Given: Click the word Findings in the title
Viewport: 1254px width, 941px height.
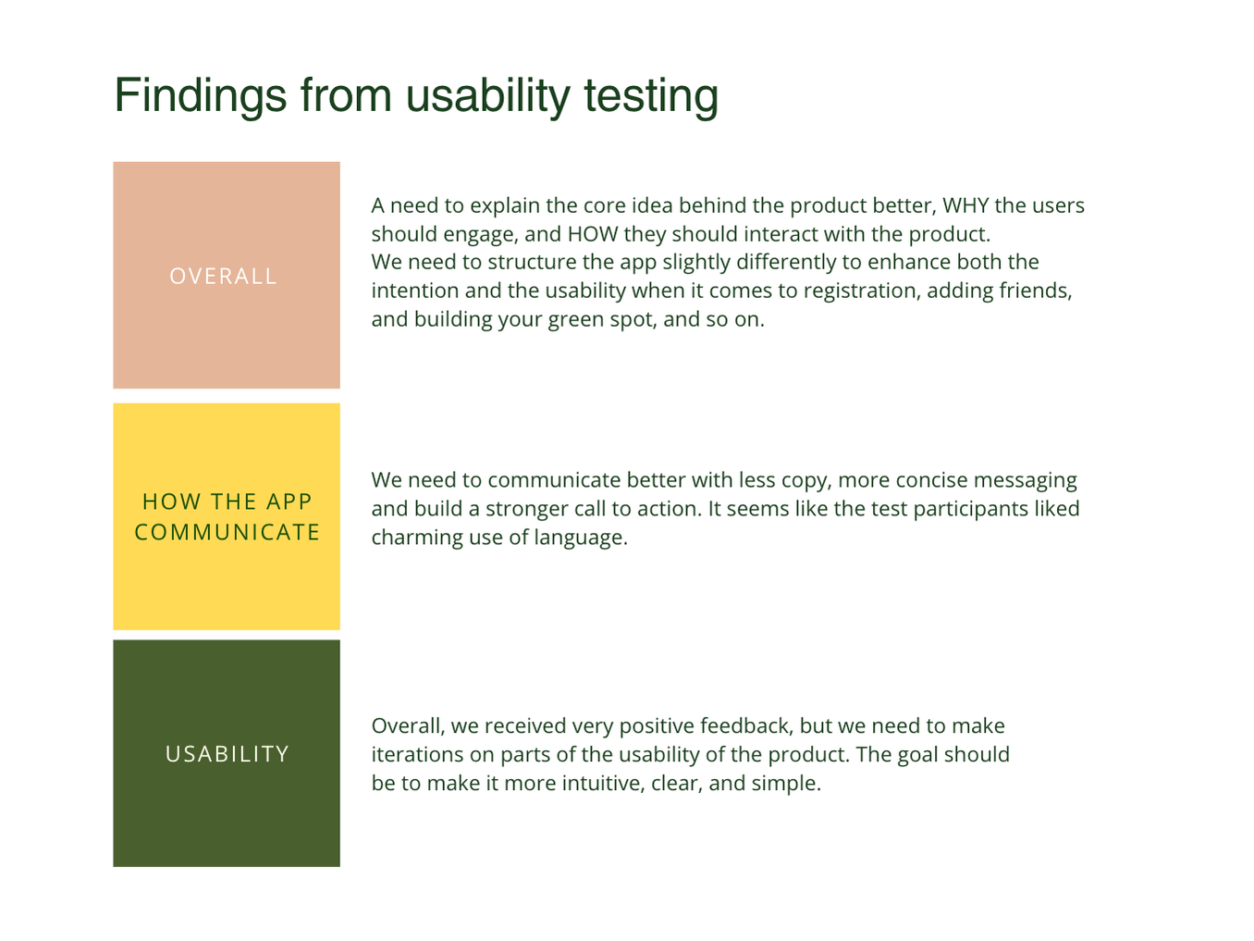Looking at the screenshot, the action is (x=201, y=96).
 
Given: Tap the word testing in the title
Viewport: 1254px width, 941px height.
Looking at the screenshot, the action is (x=651, y=96).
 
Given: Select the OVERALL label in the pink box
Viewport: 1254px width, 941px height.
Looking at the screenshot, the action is (x=224, y=276).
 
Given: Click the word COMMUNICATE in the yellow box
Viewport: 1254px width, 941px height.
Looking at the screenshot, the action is (x=227, y=532).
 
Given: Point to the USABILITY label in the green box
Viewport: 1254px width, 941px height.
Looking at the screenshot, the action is (x=227, y=753).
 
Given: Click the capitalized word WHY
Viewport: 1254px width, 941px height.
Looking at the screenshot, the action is (x=965, y=205).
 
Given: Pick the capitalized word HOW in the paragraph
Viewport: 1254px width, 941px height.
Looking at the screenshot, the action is (x=593, y=234).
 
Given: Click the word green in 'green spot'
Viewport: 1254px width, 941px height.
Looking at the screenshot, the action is (x=575, y=319).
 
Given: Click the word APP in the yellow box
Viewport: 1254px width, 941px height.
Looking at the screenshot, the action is (x=289, y=501).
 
